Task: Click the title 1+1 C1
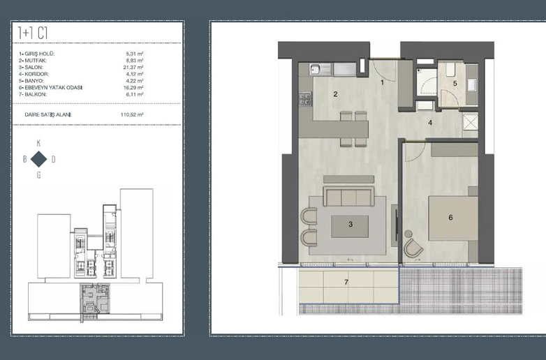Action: click(x=33, y=33)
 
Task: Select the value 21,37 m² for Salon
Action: click(x=135, y=67)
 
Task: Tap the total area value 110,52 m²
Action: click(x=132, y=114)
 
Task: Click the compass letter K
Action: click(x=38, y=143)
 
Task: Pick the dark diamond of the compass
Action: click(x=38, y=159)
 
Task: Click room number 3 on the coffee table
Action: click(x=351, y=225)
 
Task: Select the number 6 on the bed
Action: click(x=450, y=218)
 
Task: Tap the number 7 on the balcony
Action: click(x=346, y=282)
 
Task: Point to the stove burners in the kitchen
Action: click(x=305, y=99)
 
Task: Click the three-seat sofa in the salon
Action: click(x=348, y=197)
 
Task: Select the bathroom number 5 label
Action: click(x=455, y=84)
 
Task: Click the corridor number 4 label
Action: click(x=430, y=123)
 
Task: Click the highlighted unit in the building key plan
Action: click(x=95, y=299)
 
